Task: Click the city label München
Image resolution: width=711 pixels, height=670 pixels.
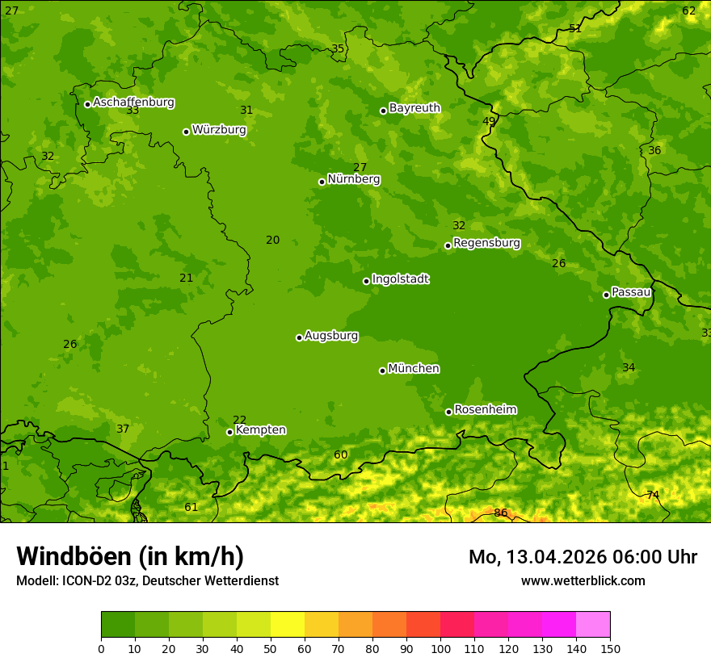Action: [414, 369]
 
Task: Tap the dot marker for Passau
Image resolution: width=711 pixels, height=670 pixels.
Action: [606, 295]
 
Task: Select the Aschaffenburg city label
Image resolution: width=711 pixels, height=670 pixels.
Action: [133, 103]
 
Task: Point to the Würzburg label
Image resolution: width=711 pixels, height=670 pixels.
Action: [219, 130]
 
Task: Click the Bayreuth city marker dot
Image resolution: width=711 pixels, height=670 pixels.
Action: [384, 111]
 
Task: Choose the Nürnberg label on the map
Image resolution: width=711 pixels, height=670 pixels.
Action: [354, 179]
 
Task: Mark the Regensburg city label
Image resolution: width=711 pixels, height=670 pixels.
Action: [486, 243]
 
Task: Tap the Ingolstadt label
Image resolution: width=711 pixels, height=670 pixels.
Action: [400, 279]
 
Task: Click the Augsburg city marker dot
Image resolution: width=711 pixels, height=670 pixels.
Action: [299, 337]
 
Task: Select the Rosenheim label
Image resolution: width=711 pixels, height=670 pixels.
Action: [485, 410]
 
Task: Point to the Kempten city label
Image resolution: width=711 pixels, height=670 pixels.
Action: [260, 430]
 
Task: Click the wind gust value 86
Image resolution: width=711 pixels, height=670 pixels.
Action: [501, 513]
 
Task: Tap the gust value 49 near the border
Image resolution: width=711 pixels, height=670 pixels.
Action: [489, 121]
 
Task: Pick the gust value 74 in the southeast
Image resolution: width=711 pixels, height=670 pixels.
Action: [653, 495]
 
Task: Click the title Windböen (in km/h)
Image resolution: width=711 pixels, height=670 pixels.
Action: [130, 556]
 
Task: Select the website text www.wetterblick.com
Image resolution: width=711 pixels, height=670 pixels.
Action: [583, 581]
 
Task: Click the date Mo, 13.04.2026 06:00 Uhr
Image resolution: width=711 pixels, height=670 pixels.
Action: [583, 557]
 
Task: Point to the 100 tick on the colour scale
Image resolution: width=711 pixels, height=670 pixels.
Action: [440, 648]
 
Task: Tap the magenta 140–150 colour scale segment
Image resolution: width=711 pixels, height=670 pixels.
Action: [593, 625]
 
